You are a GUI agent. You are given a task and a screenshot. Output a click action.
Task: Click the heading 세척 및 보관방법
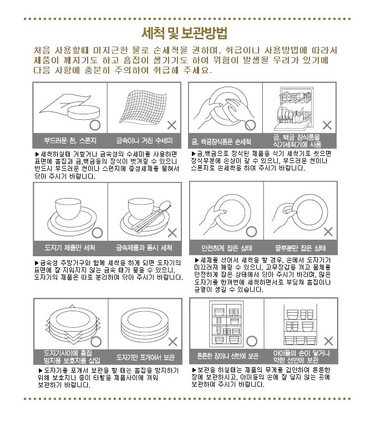tap(185, 33)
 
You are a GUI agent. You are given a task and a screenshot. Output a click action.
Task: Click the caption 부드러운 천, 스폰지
tap(70, 140)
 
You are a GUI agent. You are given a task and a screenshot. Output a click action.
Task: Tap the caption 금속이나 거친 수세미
tap(144, 140)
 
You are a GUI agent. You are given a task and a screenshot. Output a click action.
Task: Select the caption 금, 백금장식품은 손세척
tap(221, 141)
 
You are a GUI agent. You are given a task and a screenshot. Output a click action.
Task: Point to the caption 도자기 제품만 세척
tap(70, 247)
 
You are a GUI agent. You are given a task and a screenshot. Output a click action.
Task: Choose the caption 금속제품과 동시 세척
tap(144, 247)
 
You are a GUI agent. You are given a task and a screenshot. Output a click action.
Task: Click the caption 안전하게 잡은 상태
tap(227, 248)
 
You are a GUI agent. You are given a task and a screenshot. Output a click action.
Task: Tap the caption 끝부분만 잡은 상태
tap(300, 248)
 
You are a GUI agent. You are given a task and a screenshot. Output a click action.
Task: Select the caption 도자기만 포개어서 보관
tap(145, 357)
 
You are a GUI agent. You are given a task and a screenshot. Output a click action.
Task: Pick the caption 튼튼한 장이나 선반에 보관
tap(228, 356)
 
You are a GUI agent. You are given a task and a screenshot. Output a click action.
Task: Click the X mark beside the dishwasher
tap(327, 125)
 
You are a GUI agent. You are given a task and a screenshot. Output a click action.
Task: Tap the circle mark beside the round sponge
tap(95, 125)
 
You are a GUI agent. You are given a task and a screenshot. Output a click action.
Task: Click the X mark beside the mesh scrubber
tap(172, 125)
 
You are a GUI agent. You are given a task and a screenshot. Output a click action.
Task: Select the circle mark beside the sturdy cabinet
tap(252, 341)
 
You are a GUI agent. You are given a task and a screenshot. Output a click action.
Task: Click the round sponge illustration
tap(84, 112)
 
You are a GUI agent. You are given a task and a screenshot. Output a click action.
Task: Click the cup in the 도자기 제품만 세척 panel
tap(68, 208)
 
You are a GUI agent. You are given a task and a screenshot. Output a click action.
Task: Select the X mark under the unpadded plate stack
tap(173, 342)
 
